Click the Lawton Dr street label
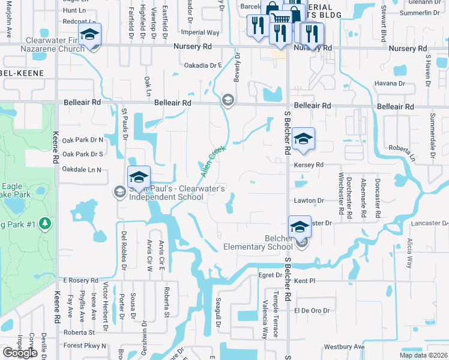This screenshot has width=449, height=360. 309,200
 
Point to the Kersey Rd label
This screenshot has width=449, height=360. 309,164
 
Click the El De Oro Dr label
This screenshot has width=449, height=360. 312,310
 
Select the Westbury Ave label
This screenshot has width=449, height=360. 344,347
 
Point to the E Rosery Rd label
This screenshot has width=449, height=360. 80,280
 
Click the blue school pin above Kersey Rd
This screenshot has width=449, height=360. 304,140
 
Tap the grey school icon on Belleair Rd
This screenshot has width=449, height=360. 228,100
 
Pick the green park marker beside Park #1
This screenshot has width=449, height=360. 46,224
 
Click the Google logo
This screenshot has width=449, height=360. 20,353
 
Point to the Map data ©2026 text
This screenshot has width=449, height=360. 423,355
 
